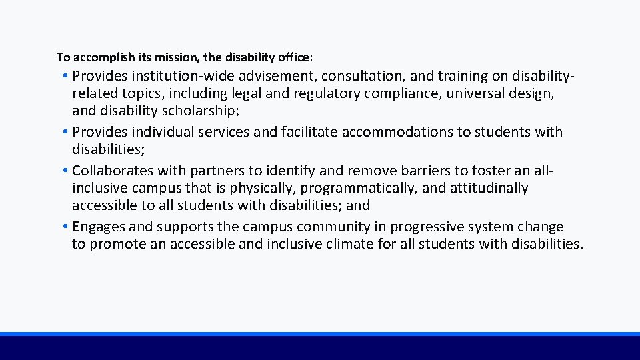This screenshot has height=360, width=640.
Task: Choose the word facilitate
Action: (308, 132)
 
